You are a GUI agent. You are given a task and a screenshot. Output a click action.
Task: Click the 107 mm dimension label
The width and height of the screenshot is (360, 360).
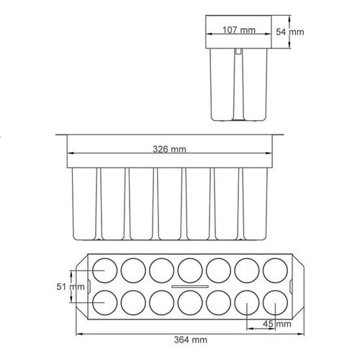tap(239, 30)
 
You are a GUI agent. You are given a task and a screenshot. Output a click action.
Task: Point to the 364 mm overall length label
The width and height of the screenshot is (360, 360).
tap(190, 339)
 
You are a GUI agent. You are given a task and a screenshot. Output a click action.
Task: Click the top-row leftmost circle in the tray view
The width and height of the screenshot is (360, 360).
tap(104, 270)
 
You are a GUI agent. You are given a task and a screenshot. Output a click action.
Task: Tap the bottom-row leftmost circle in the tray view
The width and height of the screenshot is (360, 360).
tap(104, 303)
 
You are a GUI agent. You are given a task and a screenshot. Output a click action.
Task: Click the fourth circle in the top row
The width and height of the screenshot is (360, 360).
tap(189, 270)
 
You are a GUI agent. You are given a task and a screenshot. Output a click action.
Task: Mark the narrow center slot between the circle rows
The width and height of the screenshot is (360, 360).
tap(189, 287)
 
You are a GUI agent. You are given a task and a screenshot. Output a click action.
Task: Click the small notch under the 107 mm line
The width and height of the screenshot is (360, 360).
tap(238, 51)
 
